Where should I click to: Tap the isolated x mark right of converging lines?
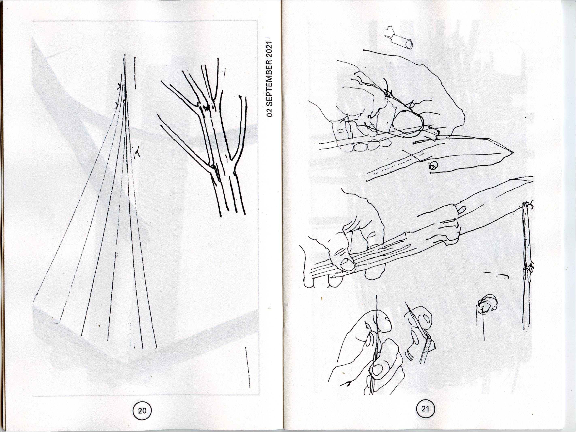click(x=137, y=152)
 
